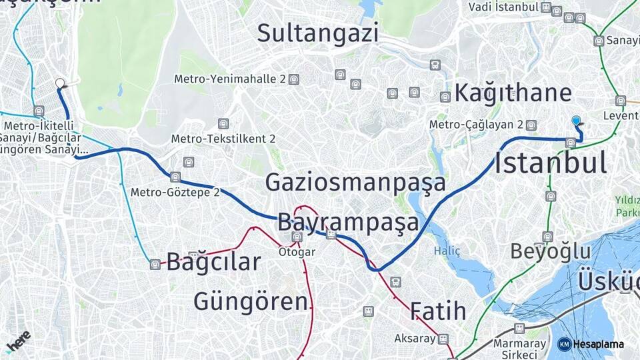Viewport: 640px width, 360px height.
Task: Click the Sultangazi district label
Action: [x=318, y=33]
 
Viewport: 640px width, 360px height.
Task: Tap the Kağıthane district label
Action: [x=513, y=93]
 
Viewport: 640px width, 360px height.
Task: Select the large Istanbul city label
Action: [x=551, y=163]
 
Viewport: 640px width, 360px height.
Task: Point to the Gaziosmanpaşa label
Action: [x=355, y=182]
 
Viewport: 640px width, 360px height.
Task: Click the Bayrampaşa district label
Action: [x=348, y=221]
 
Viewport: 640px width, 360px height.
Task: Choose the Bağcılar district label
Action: [x=213, y=262]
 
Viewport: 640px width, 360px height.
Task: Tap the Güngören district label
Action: [x=252, y=301]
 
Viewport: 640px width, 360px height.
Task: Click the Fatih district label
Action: [x=437, y=311]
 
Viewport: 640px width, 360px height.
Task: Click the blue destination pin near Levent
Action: [x=577, y=121]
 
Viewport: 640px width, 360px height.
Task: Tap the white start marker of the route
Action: [x=60, y=84]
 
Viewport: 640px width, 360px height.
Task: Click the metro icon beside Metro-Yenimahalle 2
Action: [x=294, y=79]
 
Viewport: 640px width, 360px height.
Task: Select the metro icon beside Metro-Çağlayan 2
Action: [x=531, y=125]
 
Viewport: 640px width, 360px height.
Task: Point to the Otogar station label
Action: [x=297, y=252]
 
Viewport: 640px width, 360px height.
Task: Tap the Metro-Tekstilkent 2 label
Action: [x=223, y=139]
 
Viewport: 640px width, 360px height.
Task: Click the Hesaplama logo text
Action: [x=597, y=344]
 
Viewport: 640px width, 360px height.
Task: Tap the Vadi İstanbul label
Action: [x=503, y=7]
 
